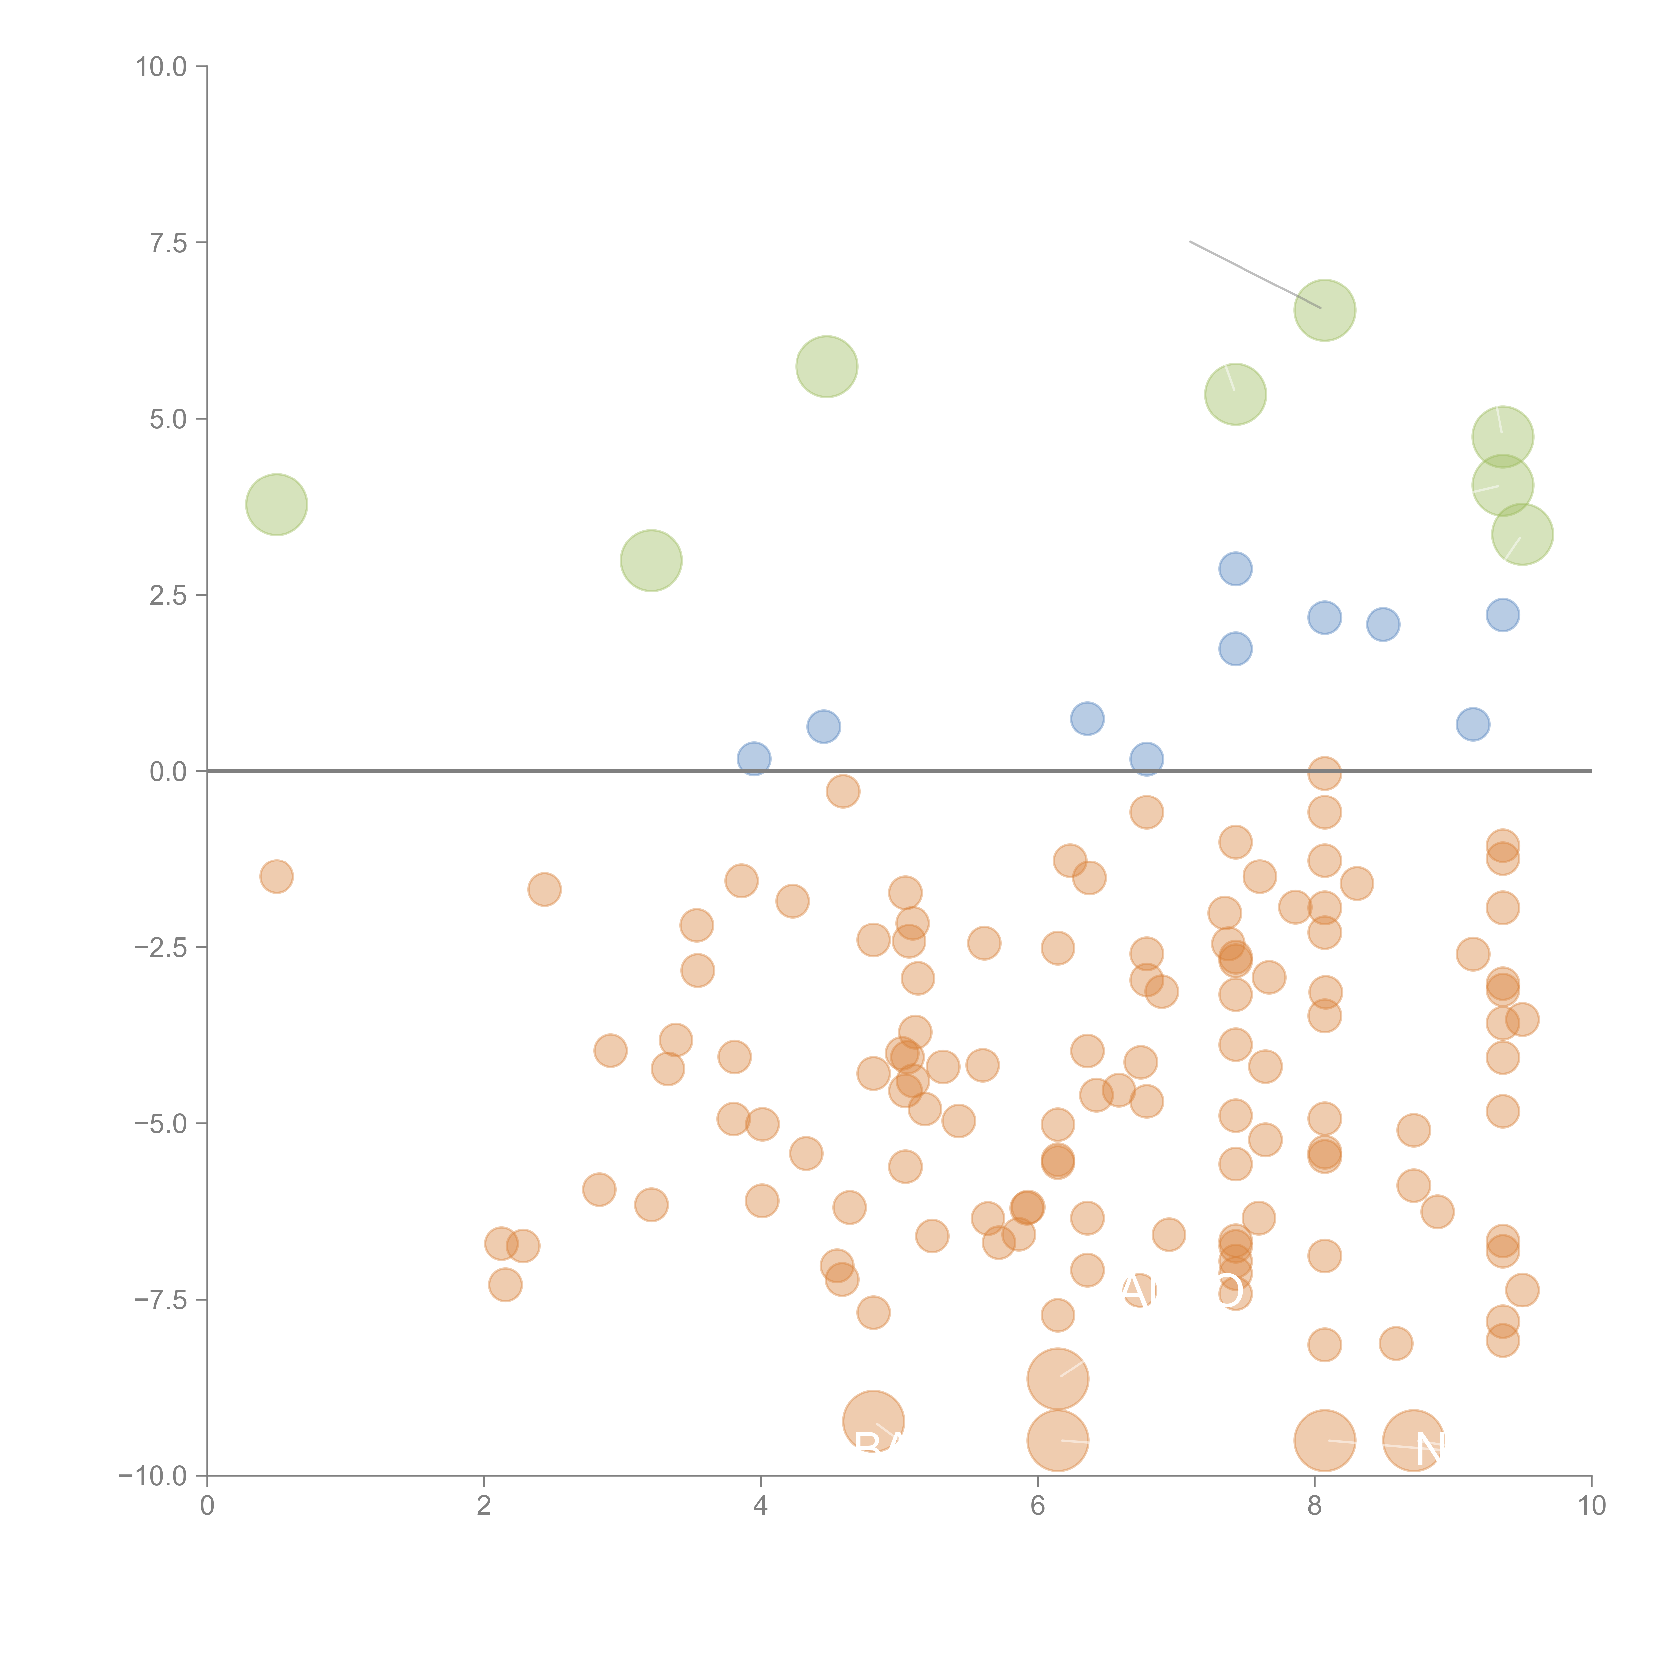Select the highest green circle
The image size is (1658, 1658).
pyautogui.click(x=1324, y=310)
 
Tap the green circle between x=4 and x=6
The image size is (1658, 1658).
pyautogui.click(x=826, y=366)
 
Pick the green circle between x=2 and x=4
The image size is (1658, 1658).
pyautogui.click(x=651, y=560)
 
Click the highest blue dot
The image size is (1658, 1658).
pyautogui.click(x=1235, y=568)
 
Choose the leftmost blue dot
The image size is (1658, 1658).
pyautogui.click(x=753, y=759)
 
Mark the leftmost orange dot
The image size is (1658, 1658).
pyautogui.click(x=276, y=876)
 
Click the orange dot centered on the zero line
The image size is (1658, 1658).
pyautogui.click(x=1324, y=773)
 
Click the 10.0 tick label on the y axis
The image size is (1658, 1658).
pyautogui.click(x=161, y=67)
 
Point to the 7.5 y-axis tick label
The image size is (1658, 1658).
pyautogui.click(x=168, y=243)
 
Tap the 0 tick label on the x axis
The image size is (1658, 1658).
pyautogui.click(x=207, y=1506)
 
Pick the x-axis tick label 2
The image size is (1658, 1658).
pyautogui.click(x=484, y=1506)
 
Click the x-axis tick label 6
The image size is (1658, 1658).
pyautogui.click(x=1038, y=1506)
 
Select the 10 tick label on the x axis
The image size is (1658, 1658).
pyautogui.click(x=1591, y=1506)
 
